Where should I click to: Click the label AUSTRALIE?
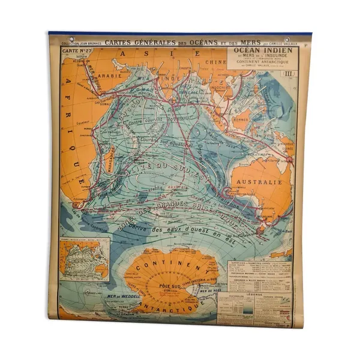[x=259, y=181]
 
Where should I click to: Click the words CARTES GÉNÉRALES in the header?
[x=131, y=42]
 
